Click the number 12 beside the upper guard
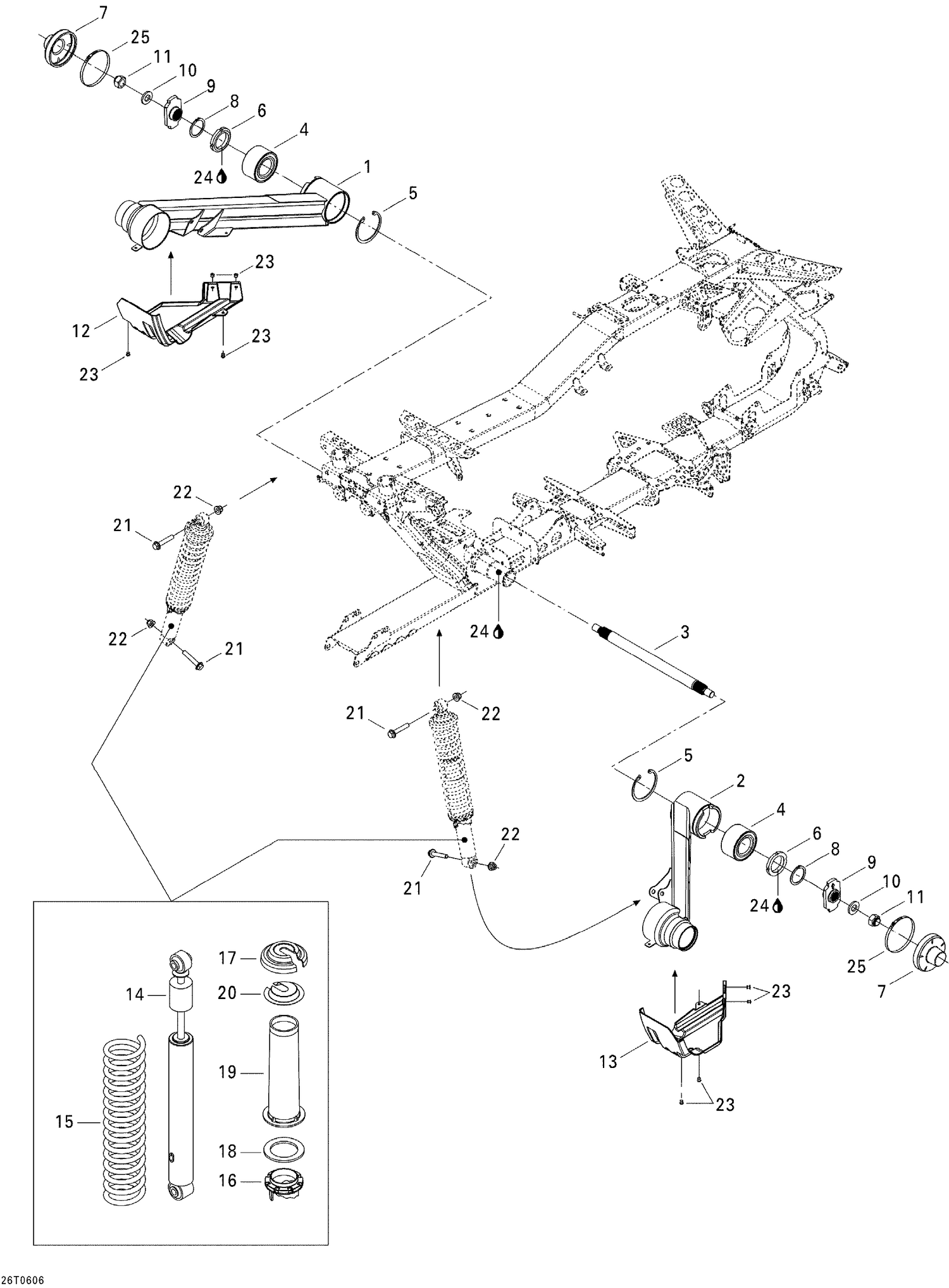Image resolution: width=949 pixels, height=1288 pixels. [81, 331]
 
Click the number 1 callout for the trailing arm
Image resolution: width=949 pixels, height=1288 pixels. [367, 167]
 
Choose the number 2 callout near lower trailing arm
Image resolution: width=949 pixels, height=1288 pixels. [740, 781]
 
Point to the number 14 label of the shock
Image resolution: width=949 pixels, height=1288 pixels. [135, 995]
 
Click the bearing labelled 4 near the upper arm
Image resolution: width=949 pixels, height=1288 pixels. [262, 163]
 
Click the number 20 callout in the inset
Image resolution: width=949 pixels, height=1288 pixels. [226, 993]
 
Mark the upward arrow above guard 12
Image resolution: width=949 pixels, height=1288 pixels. [170, 272]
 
